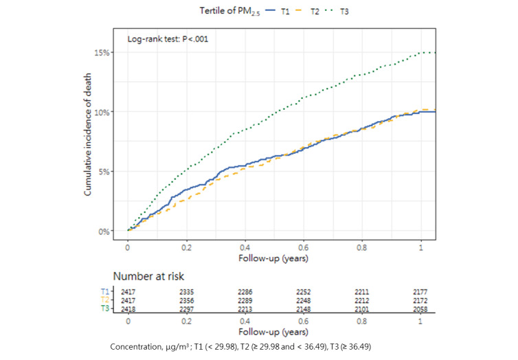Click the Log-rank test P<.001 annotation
click(168, 39)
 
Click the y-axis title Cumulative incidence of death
click(89, 142)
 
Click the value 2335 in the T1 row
click(186, 292)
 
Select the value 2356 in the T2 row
click(186, 300)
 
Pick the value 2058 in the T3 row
click(422, 308)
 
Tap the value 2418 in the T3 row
click(127, 308)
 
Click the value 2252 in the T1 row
click(304, 292)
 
